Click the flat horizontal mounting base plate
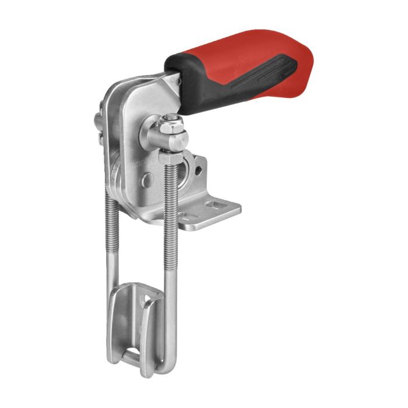coord(207,213)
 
